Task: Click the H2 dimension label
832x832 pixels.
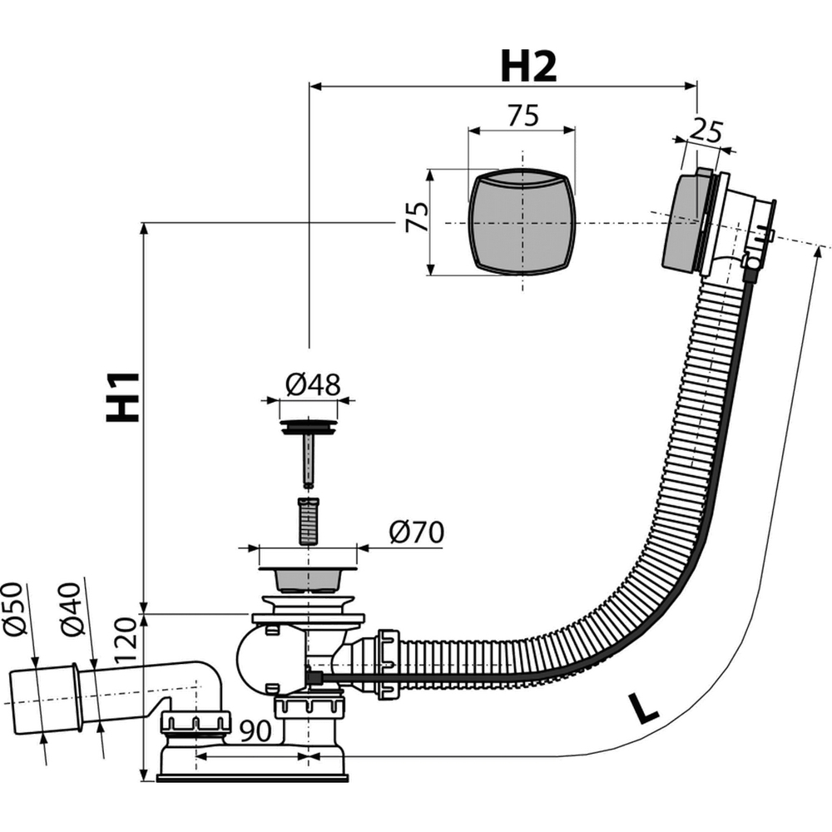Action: click(x=528, y=67)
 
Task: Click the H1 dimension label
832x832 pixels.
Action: click(x=124, y=398)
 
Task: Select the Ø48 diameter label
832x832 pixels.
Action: click(x=313, y=384)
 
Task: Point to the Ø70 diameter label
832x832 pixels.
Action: click(x=416, y=532)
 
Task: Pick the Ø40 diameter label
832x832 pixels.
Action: click(x=71, y=609)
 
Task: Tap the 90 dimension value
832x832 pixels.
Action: click(x=255, y=731)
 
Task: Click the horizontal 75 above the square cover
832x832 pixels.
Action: click(x=523, y=116)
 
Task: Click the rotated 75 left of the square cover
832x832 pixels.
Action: click(x=417, y=216)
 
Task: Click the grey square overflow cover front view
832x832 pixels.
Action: click(x=522, y=222)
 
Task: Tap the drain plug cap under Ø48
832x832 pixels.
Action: click(x=308, y=428)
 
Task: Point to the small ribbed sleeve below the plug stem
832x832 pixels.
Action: click(x=309, y=521)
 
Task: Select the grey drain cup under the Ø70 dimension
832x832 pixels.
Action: click(x=308, y=579)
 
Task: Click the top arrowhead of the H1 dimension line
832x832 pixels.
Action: click(x=143, y=230)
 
